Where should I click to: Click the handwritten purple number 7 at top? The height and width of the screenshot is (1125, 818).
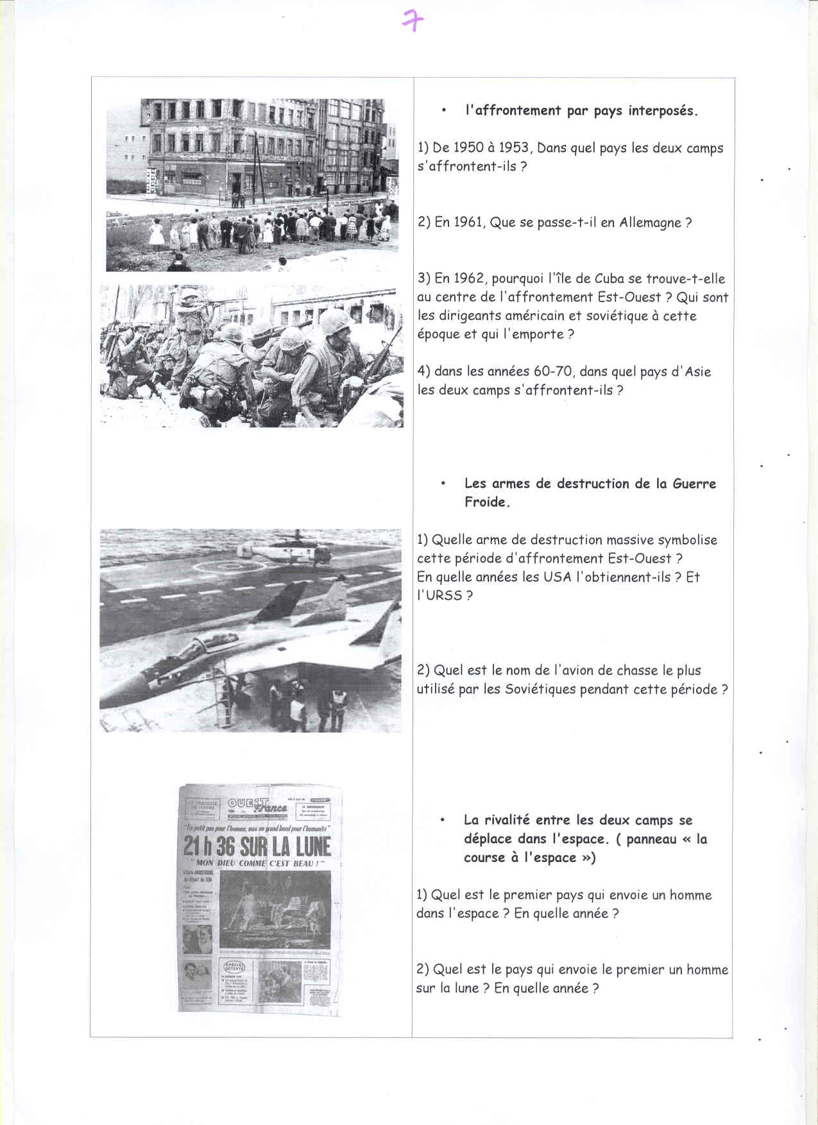click(x=413, y=21)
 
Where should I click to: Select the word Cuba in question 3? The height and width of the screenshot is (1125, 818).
click(x=609, y=278)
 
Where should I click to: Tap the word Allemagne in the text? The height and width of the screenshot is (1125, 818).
click(x=650, y=223)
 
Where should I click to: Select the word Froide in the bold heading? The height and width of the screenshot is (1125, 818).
click(x=486, y=502)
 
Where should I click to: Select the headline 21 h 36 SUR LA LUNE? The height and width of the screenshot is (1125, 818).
click(x=257, y=847)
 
